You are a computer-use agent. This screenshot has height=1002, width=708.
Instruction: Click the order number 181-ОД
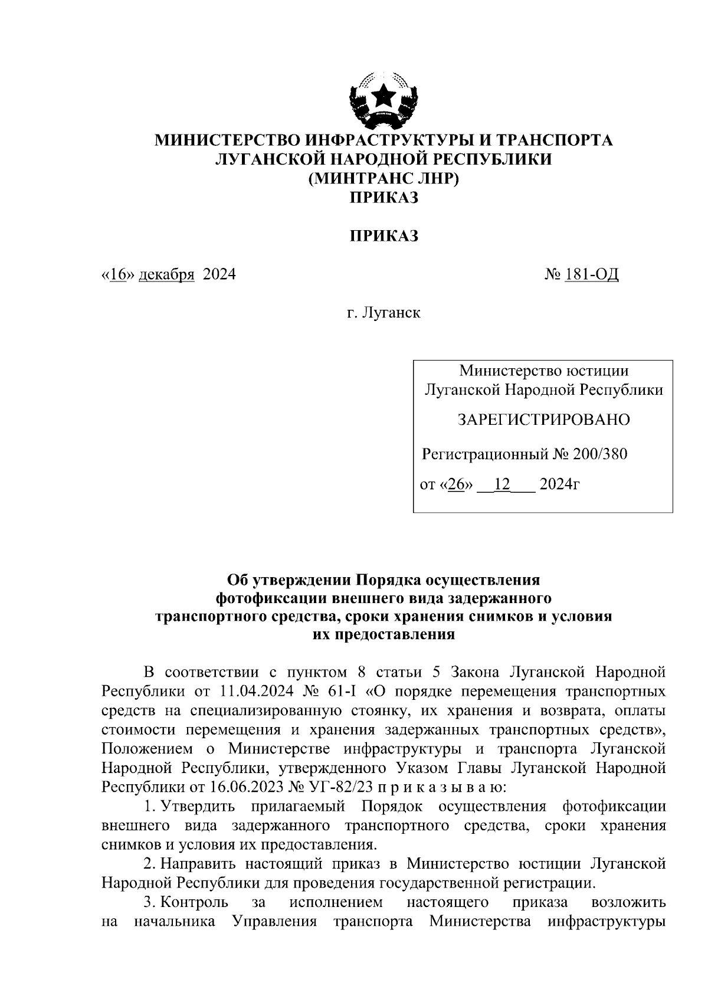pyautogui.click(x=591, y=274)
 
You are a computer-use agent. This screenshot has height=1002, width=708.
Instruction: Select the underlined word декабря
pyautogui.click(x=166, y=274)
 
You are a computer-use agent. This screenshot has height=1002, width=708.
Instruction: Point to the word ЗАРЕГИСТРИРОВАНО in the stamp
pyautogui.click(x=543, y=420)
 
